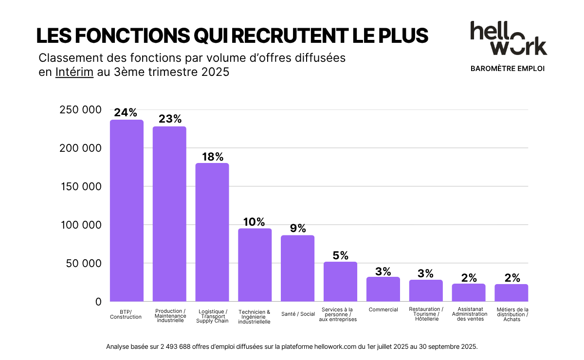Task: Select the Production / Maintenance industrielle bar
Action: pos(169,214)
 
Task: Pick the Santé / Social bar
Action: pos(297,268)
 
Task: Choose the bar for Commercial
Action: pos(383,289)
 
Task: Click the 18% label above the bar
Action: pos(213,157)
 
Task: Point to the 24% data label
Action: pos(126,113)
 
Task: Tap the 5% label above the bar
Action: pos(340,255)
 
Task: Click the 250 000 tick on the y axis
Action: pos(80,110)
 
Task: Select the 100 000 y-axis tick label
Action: pos(80,225)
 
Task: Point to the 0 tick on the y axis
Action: pos(98,302)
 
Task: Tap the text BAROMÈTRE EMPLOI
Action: pos(508,69)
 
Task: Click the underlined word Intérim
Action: pos(74,72)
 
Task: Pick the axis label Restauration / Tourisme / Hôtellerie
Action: pos(426,314)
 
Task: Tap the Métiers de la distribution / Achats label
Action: pos(512,314)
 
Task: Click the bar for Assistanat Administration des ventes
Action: pos(469,292)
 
